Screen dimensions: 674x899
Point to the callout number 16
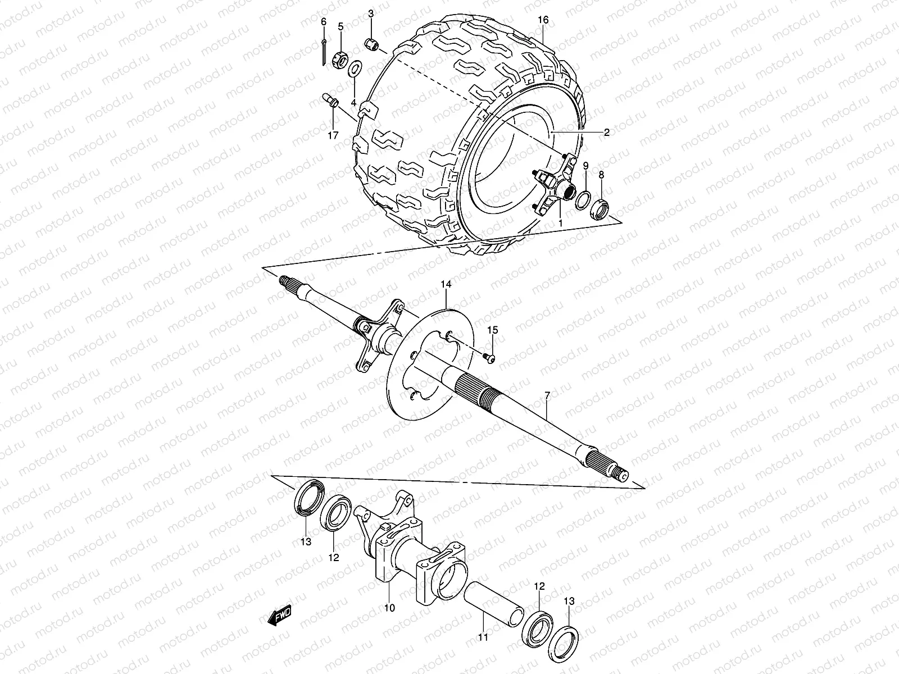click(542, 20)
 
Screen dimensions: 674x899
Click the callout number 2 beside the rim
click(606, 133)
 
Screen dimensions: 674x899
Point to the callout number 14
click(446, 285)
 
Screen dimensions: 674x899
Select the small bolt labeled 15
click(489, 358)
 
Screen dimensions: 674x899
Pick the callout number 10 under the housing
click(389, 607)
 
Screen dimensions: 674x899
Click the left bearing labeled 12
click(338, 512)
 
